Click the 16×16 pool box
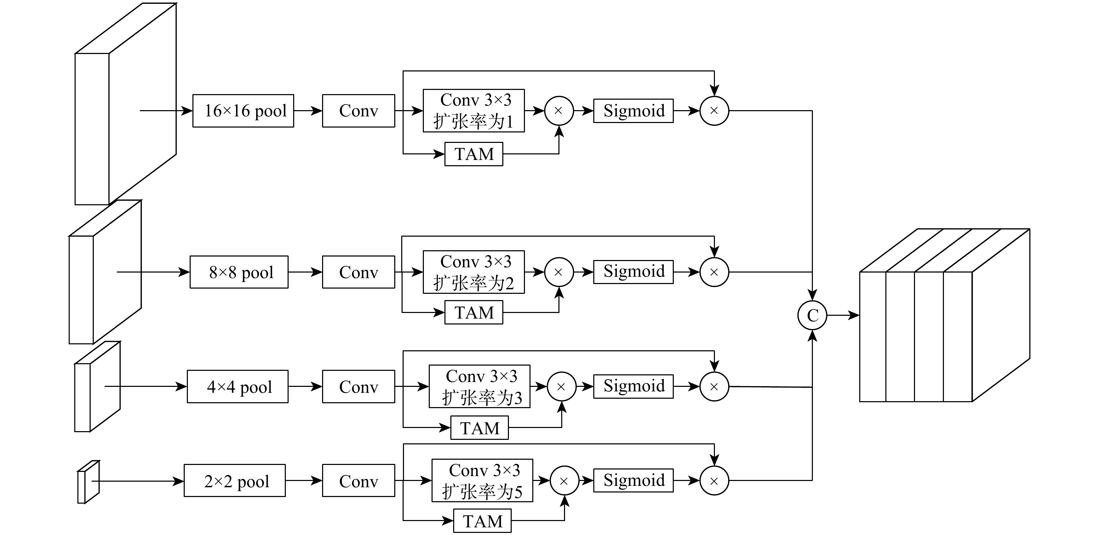point(243,111)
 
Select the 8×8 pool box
point(239,272)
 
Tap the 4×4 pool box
point(237,387)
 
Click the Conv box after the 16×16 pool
point(358,111)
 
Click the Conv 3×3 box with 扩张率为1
point(474,111)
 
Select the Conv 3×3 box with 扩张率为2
point(474,272)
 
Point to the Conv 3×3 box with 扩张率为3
point(480,387)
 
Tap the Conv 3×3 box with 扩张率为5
point(482,480)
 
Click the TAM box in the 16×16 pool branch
point(474,154)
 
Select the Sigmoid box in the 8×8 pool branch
point(633,272)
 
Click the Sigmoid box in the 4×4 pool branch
point(633,386)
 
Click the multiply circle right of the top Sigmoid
point(714,111)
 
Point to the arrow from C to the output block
point(843,315)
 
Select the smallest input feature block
point(88,482)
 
